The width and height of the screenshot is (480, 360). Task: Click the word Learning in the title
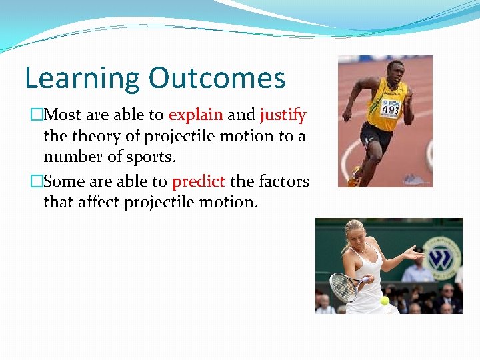point(82,79)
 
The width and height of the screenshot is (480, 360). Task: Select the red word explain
point(196,115)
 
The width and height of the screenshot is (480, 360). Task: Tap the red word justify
point(283,115)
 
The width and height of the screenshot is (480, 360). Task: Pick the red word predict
point(199,181)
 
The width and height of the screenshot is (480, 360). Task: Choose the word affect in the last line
point(99,202)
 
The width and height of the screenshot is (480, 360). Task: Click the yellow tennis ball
point(385,301)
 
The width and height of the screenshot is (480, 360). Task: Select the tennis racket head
point(344,287)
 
